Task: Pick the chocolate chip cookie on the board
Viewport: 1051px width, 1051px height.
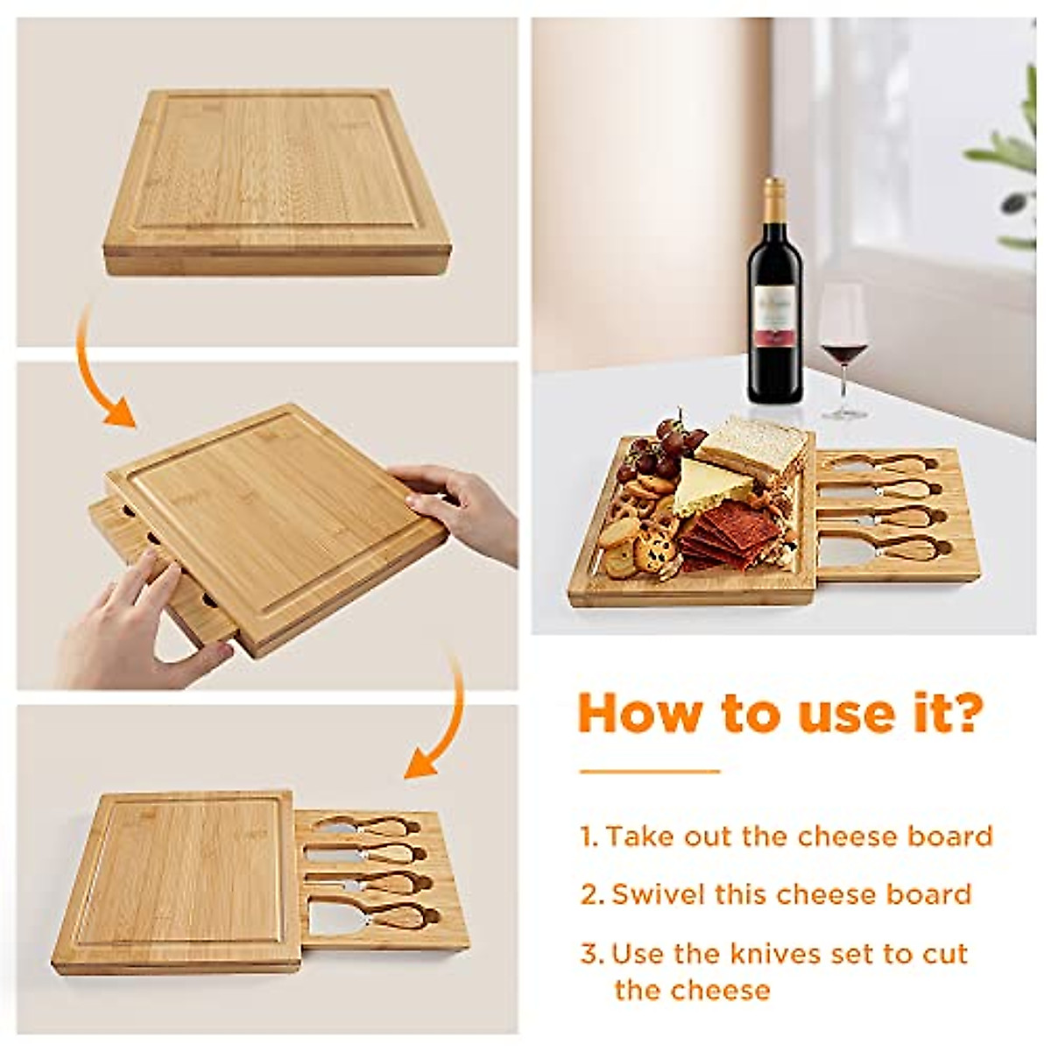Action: (654, 552)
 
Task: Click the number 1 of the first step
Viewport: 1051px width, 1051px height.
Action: (588, 836)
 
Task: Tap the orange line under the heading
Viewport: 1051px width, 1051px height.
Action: (649, 772)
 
